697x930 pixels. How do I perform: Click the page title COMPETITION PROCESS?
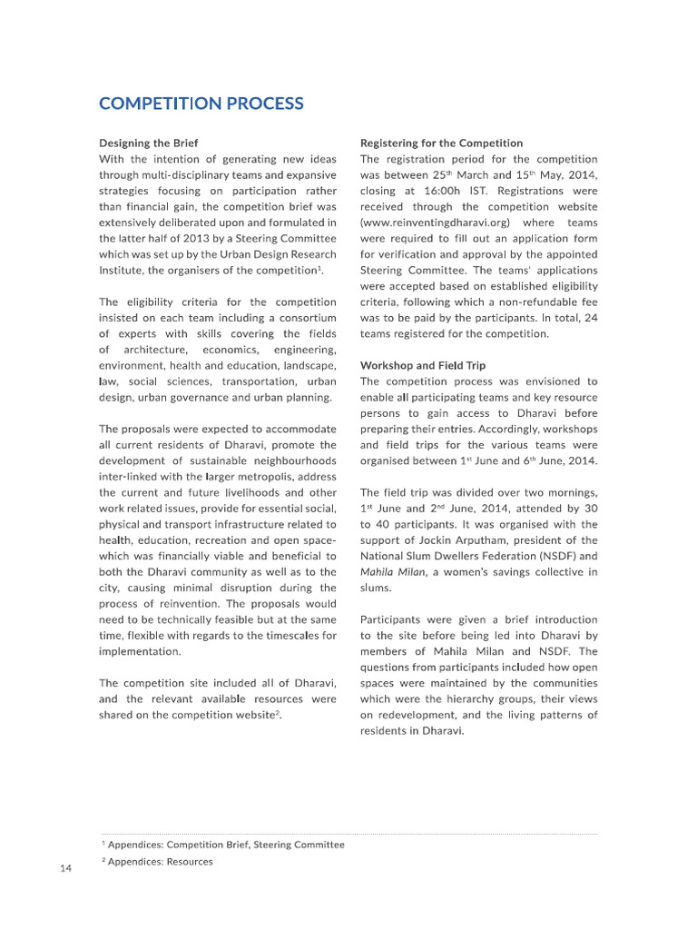(x=201, y=104)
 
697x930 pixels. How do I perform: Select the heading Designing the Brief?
(x=148, y=143)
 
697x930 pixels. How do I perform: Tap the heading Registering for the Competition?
(x=441, y=143)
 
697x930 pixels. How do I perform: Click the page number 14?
(x=65, y=869)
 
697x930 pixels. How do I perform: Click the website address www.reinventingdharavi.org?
(x=436, y=223)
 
